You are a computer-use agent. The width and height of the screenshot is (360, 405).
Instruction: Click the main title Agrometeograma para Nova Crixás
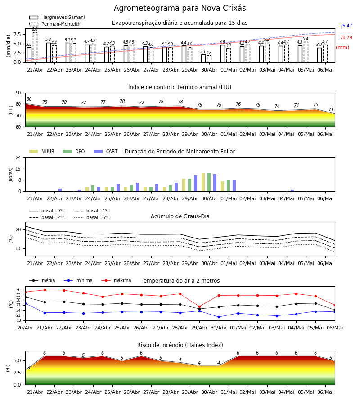(x=180, y=8)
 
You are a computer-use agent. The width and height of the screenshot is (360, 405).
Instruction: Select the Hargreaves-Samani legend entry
(x=57, y=17)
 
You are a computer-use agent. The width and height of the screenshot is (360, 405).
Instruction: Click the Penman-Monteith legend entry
(x=55, y=24)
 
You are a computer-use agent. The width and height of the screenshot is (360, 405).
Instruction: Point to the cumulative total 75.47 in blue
(x=346, y=26)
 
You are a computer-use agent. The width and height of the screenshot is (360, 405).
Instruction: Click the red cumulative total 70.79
(x=346, y=37)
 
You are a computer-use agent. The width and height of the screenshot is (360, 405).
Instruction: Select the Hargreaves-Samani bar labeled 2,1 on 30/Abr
(x=203, y=58)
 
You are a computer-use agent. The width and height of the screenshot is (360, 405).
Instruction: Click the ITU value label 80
(x=29, y=99)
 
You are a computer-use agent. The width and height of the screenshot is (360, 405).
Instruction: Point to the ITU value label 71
(x=331, y=109)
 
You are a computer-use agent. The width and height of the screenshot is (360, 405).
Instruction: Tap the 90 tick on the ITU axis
(x=18, y=93)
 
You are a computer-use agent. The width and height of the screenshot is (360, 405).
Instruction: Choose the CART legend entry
(x=106, y=151)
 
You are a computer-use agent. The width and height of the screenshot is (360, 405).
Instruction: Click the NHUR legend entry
(x=42, y=151)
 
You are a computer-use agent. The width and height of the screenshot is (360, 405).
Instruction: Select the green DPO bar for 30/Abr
(x=209, y=182)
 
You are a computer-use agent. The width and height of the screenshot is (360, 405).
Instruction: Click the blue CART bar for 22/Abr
(x=60, y=190)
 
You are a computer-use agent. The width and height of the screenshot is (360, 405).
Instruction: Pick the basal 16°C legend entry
(x=92, y=217)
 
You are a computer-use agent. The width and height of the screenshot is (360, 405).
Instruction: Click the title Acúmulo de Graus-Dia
(x=180, y=216)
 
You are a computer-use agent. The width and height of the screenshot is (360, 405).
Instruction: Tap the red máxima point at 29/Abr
(x=200, y=306)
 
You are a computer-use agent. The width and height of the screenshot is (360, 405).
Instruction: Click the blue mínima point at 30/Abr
(x=219, y=317)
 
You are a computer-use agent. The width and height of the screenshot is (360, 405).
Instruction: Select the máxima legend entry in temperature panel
(x=116, y=280)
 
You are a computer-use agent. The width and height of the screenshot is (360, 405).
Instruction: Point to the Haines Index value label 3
(x=29, y=368)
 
